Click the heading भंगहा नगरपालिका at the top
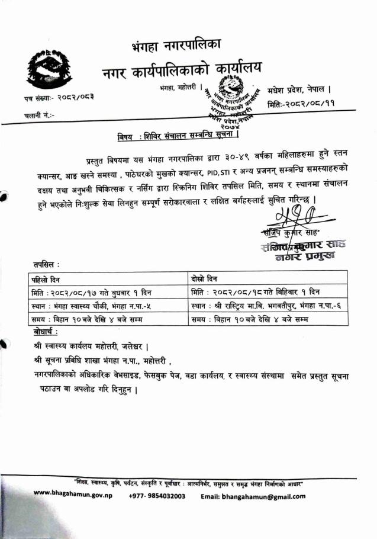coord(178,45)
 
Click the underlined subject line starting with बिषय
coord(178,138)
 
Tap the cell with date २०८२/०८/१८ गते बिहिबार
coord(256,292)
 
